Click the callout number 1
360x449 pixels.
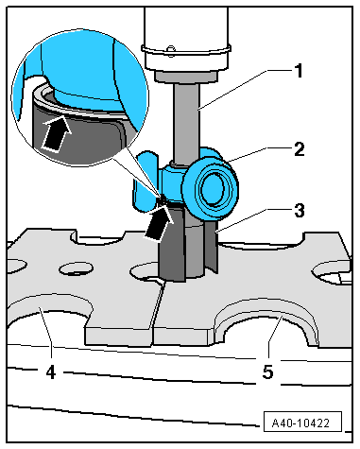tap(298, 71)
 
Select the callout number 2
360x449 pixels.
tap(300, 149)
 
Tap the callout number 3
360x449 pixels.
tap(300, 210)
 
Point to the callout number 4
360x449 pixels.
tap(51, 372)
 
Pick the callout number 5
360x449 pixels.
tap(267, 371)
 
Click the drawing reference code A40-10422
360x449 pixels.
tap(300, 423)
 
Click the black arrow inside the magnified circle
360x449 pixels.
tap(56, 134)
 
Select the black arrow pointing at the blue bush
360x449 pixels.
tap(159, 222)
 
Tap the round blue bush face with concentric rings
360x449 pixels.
tap(211, 190)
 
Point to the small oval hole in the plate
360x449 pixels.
tap(77, 268)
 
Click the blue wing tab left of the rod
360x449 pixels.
tap(146, 181)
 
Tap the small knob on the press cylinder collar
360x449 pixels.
tap(170, 48)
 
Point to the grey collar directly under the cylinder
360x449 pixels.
tap(186, 76)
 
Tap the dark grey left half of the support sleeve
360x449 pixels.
tap(171, 244)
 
